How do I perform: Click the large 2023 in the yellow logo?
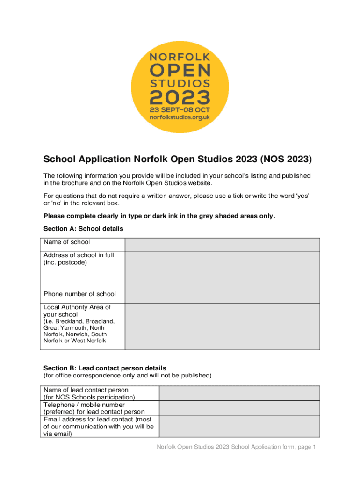pos(180,97)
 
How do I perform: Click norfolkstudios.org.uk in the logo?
pos(180,117)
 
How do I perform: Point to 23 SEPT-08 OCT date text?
pos(180,110)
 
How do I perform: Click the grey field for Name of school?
pos(222,244)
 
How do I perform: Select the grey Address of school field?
pos(222,270)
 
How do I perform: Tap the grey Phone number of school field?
pos(222,296)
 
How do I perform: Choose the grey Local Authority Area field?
pos(222,326)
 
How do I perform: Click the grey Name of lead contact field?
pos(239,393)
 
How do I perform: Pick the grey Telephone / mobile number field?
pos(239,408)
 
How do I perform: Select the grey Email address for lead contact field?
pos(239,426)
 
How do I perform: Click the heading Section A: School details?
pos(83,229)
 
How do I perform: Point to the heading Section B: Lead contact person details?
pos(105,368)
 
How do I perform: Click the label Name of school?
pos(66,242)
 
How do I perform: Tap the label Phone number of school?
pos(79,294)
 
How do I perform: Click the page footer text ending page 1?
pos(237,447)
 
